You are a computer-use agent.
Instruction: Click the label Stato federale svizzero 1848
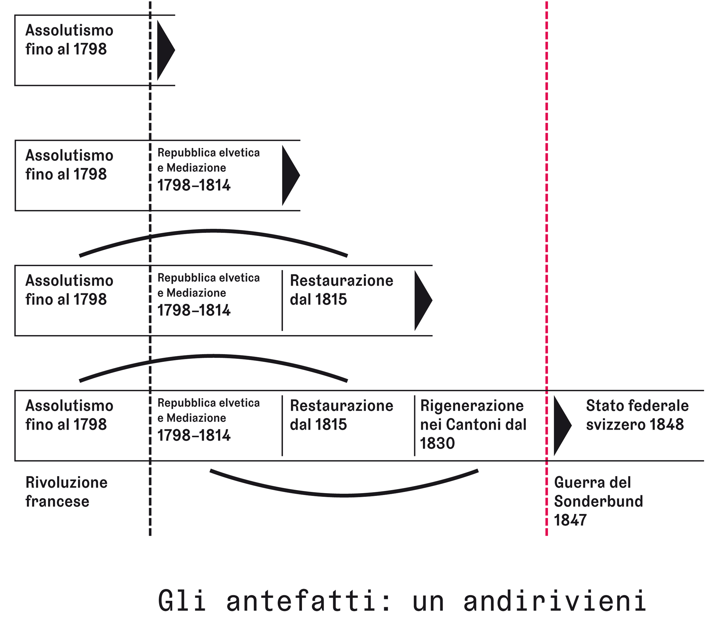pyautogui.click(x=637, y=415)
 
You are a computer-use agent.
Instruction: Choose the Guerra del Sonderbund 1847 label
pyautogui.click(x=598, y=501)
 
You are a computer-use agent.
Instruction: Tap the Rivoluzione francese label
pyautogui.click(x=66, y=492)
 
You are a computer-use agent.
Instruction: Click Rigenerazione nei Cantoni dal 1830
pyautogui.click(x=473, y=424)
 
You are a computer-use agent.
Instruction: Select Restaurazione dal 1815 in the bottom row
pyautogui.click(x=341, y=415)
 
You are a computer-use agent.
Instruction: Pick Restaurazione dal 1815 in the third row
pyautogui.click(x=341, y=290)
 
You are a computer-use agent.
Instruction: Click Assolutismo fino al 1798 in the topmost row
pyautogui.click(x=69, y=40)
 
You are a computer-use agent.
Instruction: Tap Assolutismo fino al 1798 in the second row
pyautogui.click(x=69, y=165)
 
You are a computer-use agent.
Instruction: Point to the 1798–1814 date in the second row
pyautogui.click(x=194, y=185)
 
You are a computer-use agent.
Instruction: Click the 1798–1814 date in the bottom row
pyautogui.click(x=194, y=436)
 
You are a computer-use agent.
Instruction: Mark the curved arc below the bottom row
pyautogui.click(x=344, y=496)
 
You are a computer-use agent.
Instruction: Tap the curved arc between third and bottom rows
pyautogui.click(x=213, y=356)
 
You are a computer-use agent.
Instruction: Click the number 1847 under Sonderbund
pyautogui.click(x=570, y=520)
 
